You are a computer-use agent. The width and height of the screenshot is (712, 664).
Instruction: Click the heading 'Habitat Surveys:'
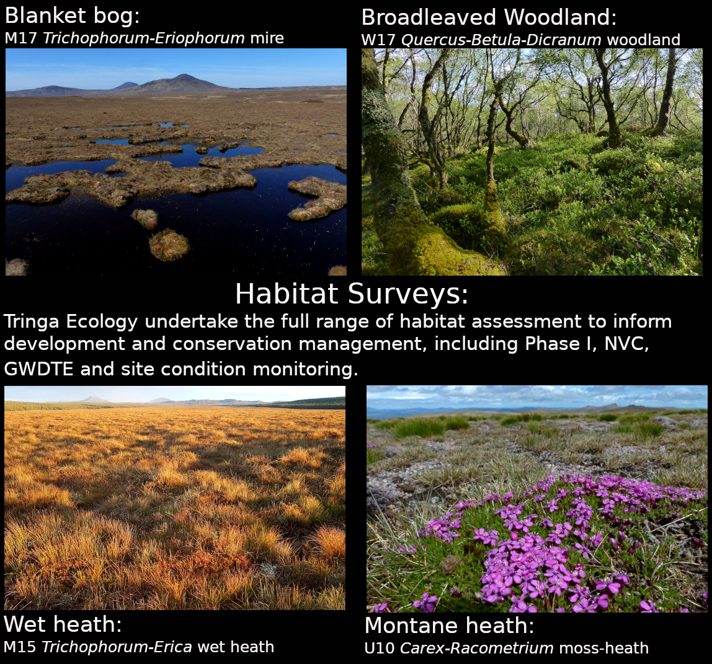352,294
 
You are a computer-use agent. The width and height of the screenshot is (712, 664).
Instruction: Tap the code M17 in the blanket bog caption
20,38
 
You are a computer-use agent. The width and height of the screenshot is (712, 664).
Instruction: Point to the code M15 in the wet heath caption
20,647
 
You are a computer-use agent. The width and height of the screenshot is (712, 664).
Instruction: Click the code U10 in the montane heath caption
380,649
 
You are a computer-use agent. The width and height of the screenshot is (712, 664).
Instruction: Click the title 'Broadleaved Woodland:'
489,17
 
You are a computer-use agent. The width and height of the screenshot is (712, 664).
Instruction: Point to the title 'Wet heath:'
63,623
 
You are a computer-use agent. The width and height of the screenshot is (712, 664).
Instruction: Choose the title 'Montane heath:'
449,626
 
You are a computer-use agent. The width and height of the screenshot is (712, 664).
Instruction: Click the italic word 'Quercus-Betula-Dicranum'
501,40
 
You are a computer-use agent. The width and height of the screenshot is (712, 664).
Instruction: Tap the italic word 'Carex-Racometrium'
477,649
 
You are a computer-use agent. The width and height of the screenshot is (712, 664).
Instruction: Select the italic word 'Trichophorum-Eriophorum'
144,38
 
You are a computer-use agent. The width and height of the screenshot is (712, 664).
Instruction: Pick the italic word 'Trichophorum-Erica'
117,647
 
